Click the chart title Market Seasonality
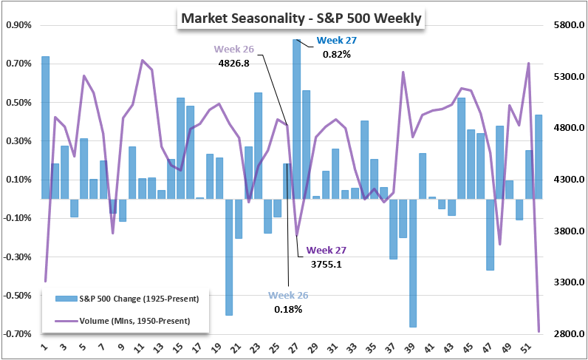point(300,18)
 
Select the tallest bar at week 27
point(296,118)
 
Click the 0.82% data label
point(335,54)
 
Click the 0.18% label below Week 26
point(287,309)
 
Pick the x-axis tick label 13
point(161,347)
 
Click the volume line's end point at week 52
point(539,331)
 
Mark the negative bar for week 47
point(490,234)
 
